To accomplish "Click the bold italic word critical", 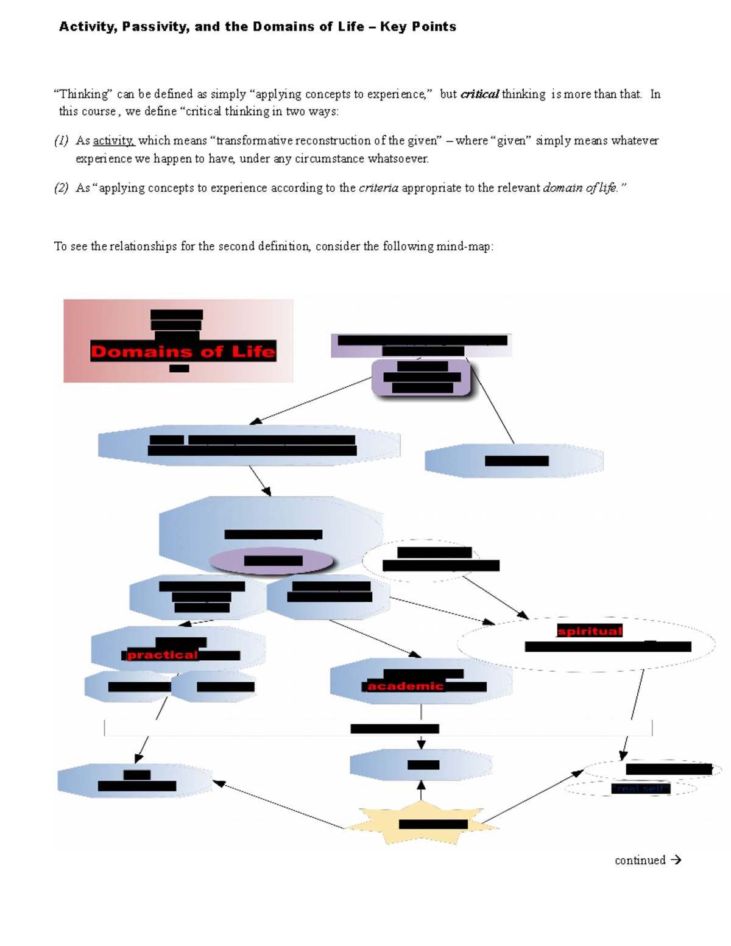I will tap(479, 94).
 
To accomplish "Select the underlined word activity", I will tap(113, 141).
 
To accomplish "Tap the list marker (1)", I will tap(61, 141).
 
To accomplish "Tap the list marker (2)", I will tap(61, 188).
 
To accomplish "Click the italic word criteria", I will tap(378, 188).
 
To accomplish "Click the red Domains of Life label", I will tap(183, 351).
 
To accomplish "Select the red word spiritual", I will tap(590, 631).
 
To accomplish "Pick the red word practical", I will tap(163, 655).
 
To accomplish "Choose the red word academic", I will tap(405, 686).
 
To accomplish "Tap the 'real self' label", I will tap(640, 789).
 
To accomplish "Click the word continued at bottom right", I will tap(640, 860).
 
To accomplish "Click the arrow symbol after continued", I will tap(676, 860).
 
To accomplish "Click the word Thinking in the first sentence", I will tap(83, 94).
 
